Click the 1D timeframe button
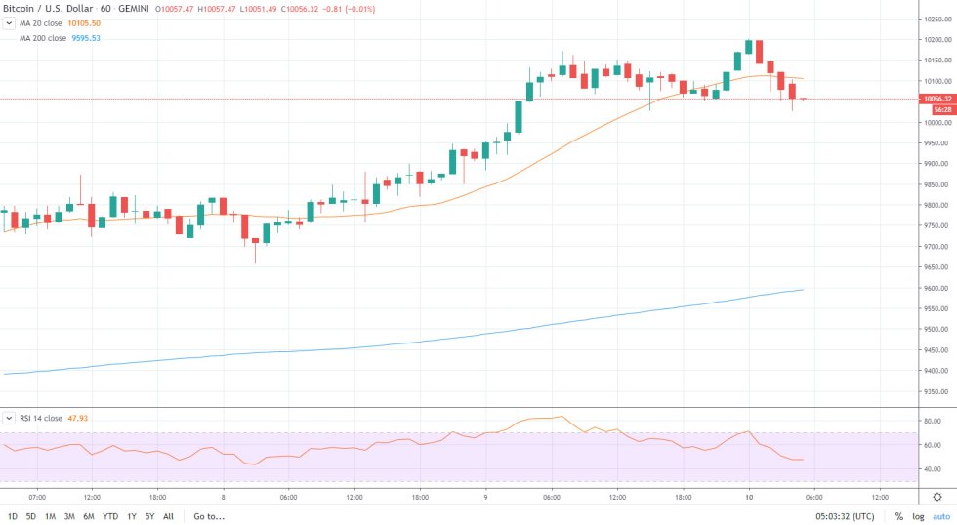(13, 516)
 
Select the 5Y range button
(149, 516)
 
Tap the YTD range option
(110, 516)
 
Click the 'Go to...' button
(209, 516)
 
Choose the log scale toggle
(918, 516)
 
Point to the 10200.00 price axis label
(935, 40)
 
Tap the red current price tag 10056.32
(936, 98)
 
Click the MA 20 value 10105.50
(86, 23)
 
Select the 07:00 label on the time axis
(38, 496)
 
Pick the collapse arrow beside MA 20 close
(9, 23)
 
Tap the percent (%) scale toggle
(898, 516)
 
